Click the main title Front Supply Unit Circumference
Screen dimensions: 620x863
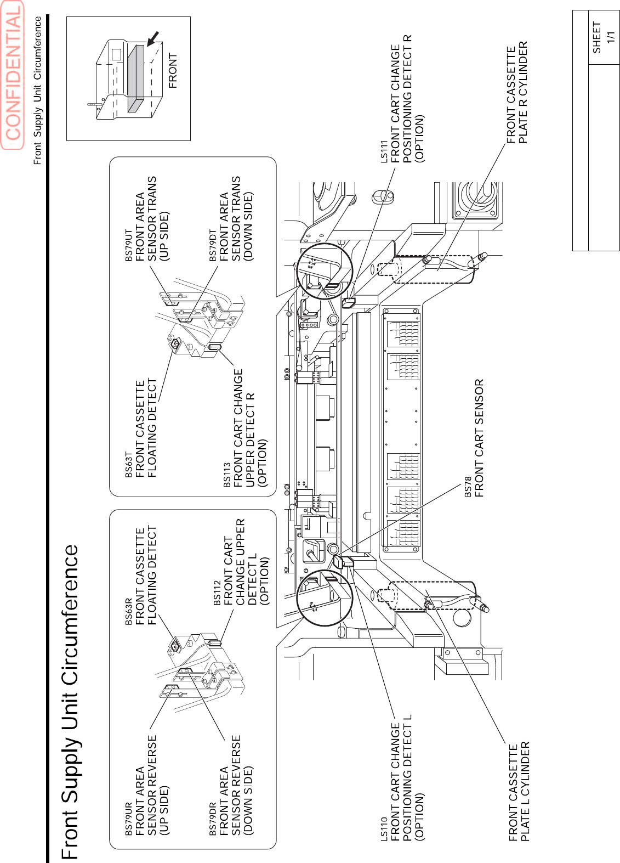click(x=70, y=702)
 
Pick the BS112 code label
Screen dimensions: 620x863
click(x=217, y=593)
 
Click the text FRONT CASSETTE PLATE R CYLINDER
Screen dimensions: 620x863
click(x=517, y=92)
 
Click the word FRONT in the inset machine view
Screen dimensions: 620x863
click(x=173, y=70)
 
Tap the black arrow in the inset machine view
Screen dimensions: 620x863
click(x=153, y=38)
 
